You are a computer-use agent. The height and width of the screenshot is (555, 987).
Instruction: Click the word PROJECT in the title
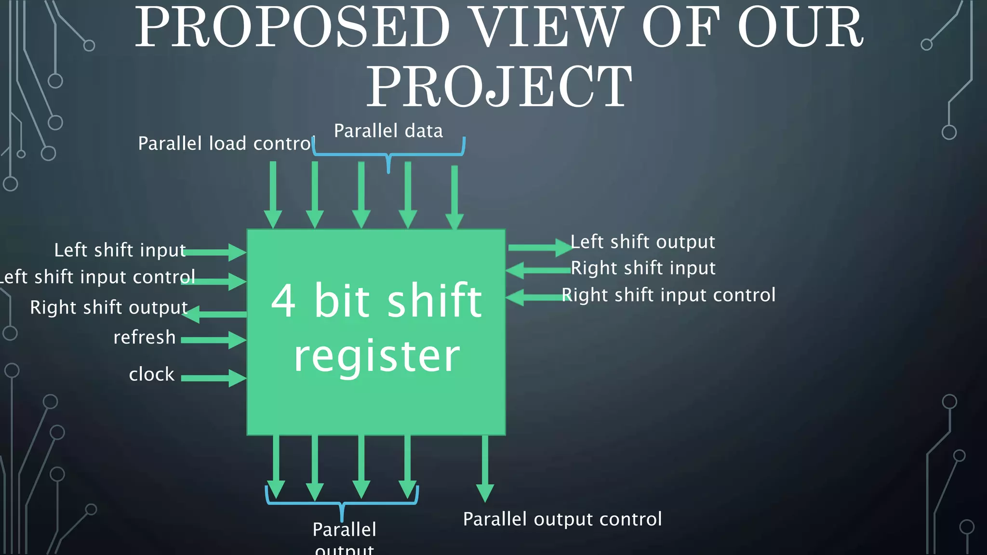click(499, 87)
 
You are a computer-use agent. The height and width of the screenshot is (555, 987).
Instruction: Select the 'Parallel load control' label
click(226, 144)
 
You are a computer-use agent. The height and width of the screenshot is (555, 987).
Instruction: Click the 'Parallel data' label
click(388, 131)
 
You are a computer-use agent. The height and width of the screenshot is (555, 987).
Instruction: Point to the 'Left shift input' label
click(120, 250)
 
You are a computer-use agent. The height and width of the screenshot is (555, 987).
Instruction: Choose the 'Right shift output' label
click(109, 307)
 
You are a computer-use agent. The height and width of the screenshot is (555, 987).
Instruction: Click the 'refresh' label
click(145, 337)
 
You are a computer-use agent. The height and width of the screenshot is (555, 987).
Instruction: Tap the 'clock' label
click(151, 374)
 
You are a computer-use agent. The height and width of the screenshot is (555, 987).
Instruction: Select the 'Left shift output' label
click(643, 242)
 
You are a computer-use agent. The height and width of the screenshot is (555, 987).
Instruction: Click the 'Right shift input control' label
click(669, 295)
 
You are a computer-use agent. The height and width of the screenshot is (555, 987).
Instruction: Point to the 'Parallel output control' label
click(562, 519)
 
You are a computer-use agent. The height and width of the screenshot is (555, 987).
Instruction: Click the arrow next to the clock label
click(213, 378)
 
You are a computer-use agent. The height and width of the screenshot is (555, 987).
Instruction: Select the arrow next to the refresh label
click(213, 340)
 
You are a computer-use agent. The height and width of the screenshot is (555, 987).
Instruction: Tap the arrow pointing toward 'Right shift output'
click(214, 314)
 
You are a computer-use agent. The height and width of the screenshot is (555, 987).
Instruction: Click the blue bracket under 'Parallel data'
click(388, 154)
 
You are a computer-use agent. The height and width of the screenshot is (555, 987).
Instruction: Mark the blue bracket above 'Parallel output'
click(342, 503)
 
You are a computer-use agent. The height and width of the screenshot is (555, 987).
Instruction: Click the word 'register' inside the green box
click(377, 357)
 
